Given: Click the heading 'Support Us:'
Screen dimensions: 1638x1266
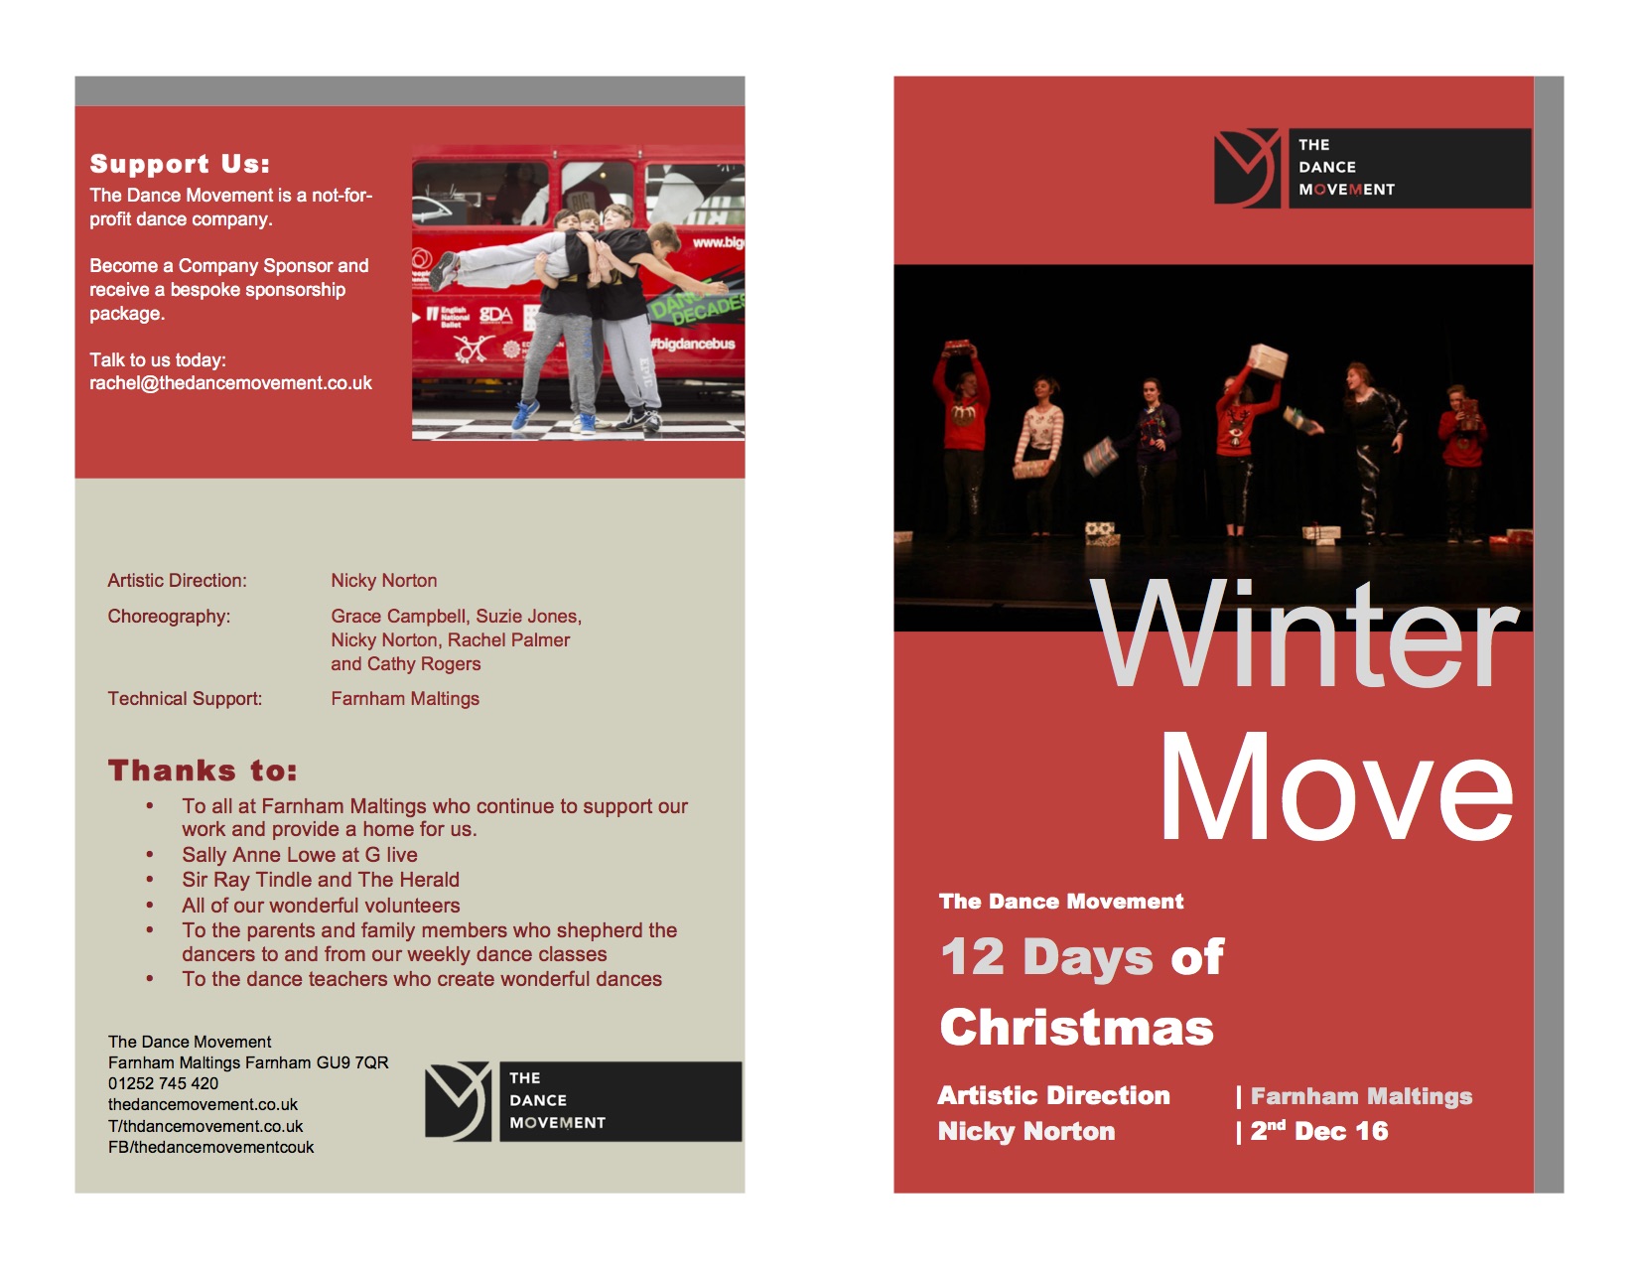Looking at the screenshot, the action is (180, 164).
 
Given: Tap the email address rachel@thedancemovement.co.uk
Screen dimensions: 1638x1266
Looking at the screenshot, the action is (230, 383).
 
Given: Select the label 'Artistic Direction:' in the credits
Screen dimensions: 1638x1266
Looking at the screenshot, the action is (177, 580).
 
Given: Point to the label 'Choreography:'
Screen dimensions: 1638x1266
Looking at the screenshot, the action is (169, 616).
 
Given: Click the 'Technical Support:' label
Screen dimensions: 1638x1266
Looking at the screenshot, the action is (185, 698).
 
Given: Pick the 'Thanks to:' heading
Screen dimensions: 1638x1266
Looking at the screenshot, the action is (202, 771).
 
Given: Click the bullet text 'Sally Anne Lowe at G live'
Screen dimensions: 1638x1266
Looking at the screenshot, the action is (299, 854).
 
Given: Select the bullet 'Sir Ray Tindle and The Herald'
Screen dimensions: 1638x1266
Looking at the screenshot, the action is (321, 879).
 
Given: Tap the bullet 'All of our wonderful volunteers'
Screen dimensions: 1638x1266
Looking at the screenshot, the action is (321, 905).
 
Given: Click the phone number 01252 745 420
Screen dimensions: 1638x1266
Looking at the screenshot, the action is (163, 1083).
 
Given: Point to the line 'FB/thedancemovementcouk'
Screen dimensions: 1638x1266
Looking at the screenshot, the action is (211, 1147).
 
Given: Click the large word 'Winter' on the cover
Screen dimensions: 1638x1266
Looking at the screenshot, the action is (1304, 633).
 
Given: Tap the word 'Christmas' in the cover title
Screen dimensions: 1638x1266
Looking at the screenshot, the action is (1076, 1027).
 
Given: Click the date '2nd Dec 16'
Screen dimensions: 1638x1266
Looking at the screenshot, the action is (1319, 1130).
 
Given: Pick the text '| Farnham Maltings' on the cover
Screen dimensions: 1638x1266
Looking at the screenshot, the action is (1354, 1096).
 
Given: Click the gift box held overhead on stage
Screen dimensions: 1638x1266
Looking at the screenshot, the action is (1268, 359).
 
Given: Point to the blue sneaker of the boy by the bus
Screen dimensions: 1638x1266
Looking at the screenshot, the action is (525, 414).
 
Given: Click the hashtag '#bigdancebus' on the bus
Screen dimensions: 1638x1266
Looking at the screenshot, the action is (693, 344).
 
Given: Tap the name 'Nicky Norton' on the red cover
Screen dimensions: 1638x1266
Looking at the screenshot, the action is (1025, 1131).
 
